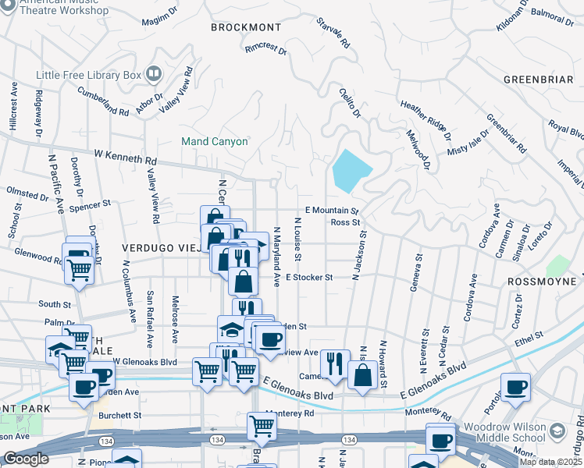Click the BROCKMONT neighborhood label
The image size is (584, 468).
click(x=244, y=27)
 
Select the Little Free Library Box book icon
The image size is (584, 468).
click(x=154, y=75)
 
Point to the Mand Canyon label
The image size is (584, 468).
click(x=214, y=142)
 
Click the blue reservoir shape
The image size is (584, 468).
click(x=351, y=170)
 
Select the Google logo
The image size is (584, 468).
click(x=25, y=458)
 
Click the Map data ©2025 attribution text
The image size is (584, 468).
click(x=550, y=462)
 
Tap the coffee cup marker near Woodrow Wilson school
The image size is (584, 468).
click(x=515, y=386)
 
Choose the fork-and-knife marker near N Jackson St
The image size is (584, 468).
click(x=334, y=362)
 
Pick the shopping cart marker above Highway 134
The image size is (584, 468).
click(x=262, y=426)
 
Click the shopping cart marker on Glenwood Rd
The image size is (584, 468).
click(x=78, y=269)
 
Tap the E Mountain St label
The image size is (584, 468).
click(x=331, y=211)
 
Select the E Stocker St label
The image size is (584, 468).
click(x=309, y=277)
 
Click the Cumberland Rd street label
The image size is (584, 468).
click(x=102, y=101)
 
